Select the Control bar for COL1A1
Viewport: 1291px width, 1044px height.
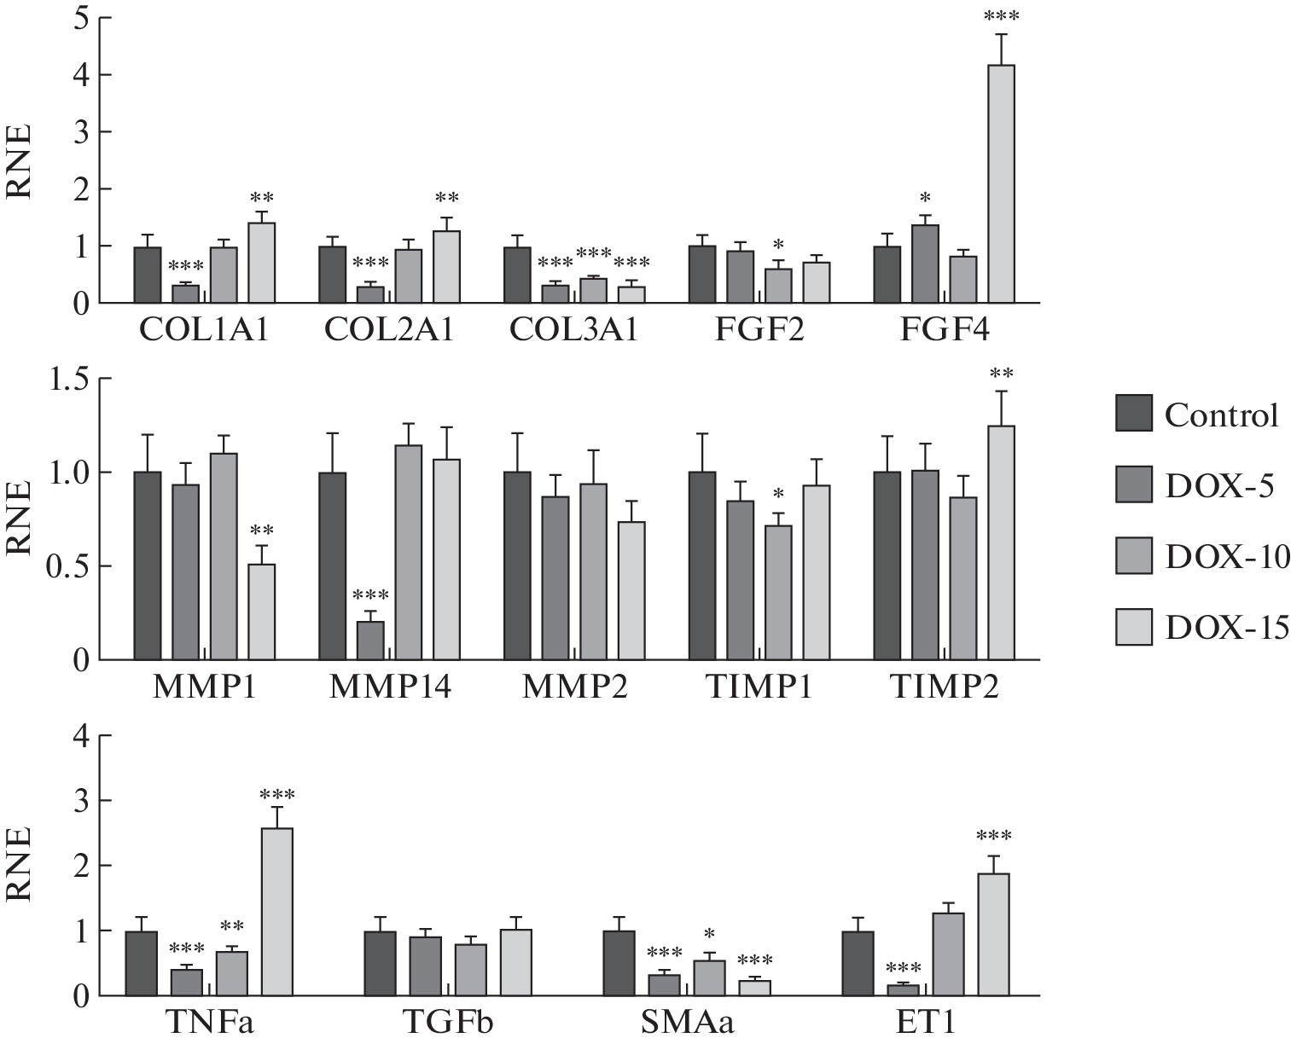(x=148, y=275)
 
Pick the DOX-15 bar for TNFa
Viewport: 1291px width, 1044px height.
(x=276, y=912)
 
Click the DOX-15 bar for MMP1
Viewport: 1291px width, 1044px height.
(x=260, y=612)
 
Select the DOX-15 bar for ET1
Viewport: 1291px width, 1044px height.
(x=993, y=934)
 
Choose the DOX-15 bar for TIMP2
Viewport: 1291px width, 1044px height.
(x=1001, y=542)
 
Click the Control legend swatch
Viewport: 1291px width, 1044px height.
(x=1134, y=415)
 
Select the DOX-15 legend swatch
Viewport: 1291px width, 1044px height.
(x=1134, y=628)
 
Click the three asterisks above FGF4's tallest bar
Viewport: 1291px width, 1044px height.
(x=1001, y=16)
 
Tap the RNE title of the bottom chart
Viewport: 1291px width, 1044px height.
(x=20, y=864)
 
